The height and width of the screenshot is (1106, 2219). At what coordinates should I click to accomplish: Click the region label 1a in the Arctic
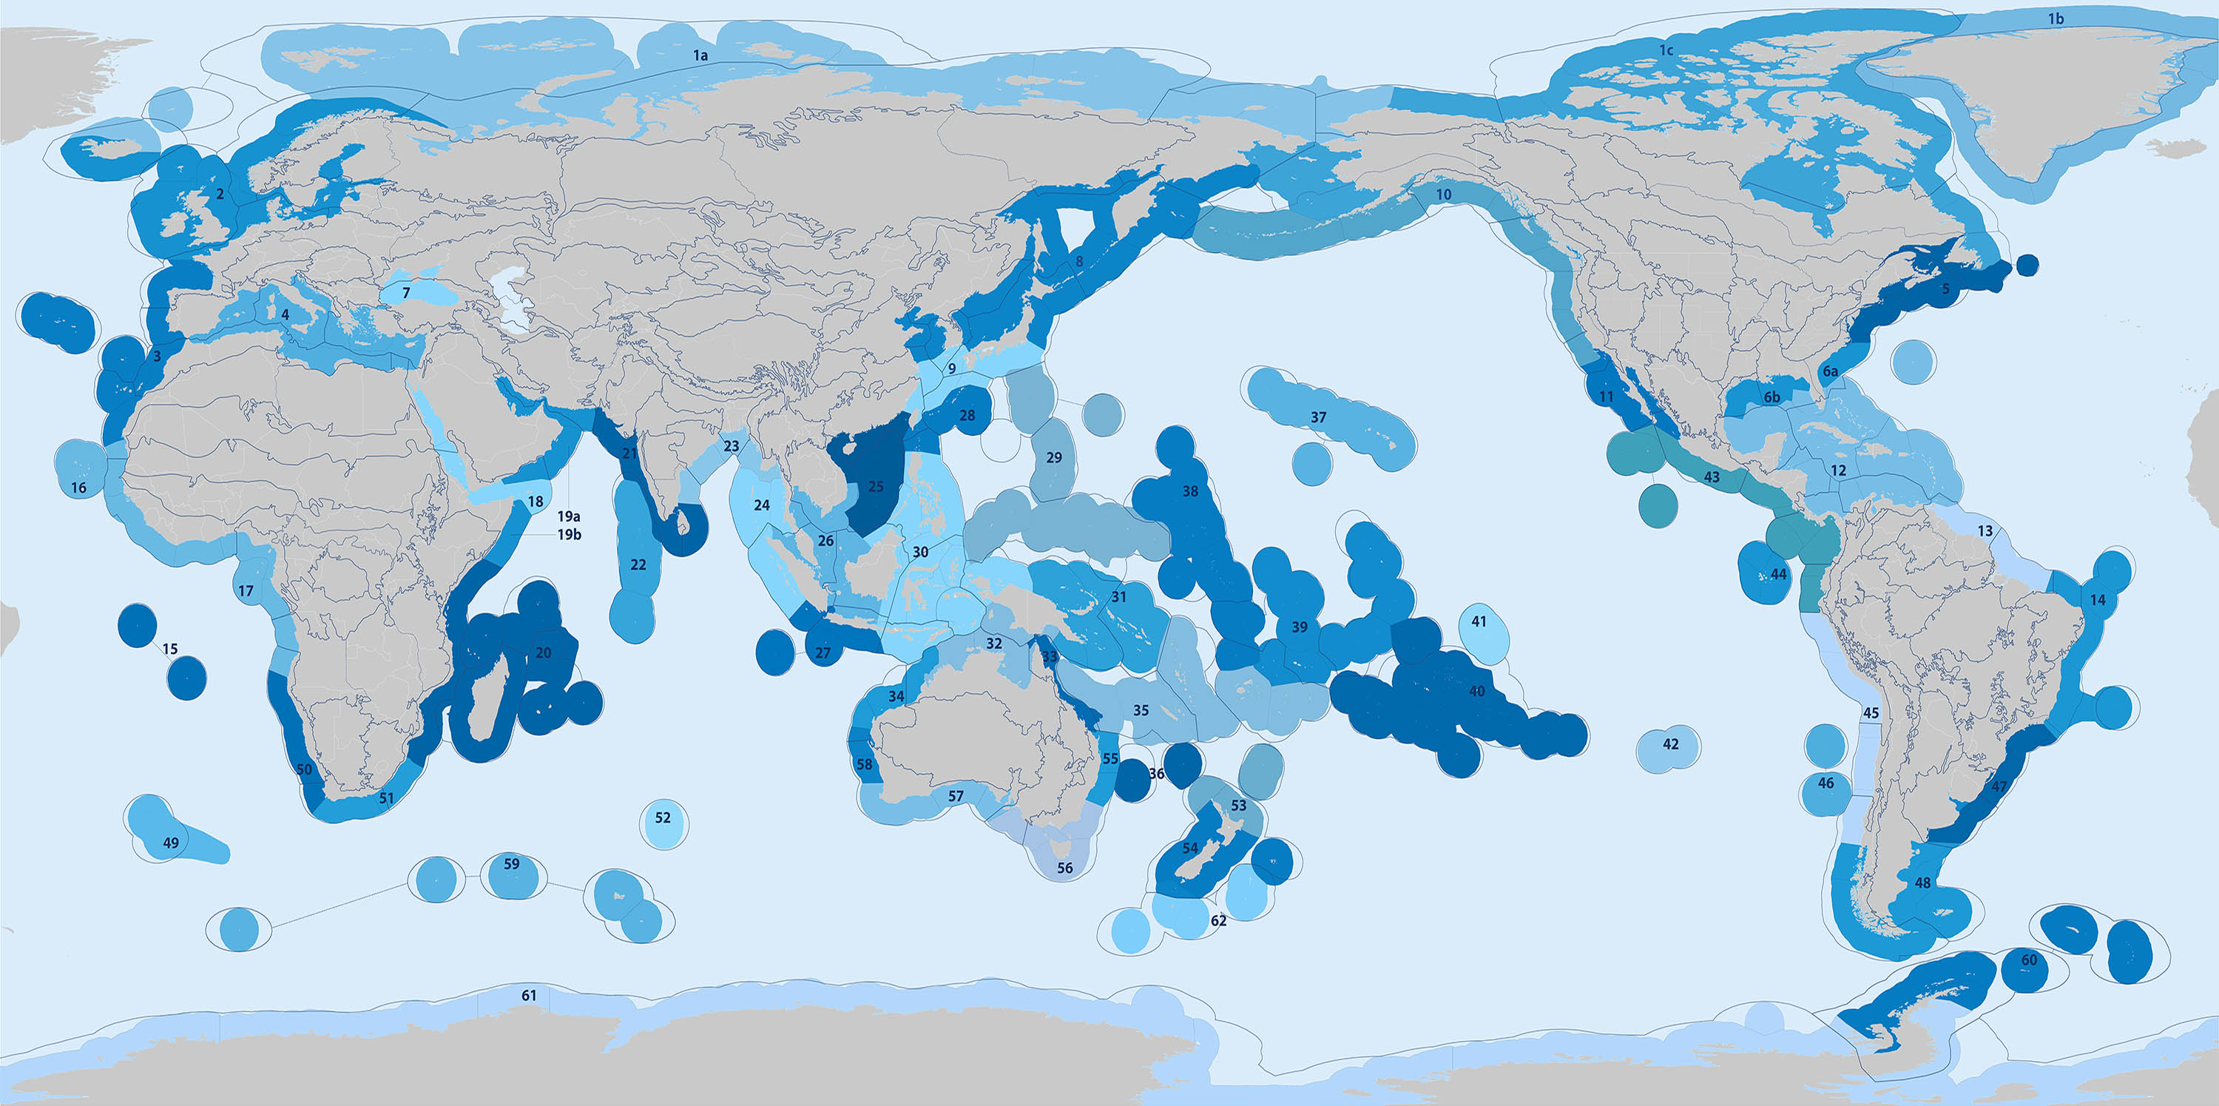(x=700, y=55)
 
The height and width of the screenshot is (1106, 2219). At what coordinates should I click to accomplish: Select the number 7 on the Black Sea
(x=406, y=293)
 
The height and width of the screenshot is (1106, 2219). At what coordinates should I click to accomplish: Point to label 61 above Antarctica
(x=529, y=995)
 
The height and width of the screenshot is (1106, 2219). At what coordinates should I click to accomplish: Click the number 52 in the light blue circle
(x=663, y=817)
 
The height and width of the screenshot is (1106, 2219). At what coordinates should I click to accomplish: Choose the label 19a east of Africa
(x=569, y=516)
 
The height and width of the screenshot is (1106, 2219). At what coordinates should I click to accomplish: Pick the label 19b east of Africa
(x=569, y=534)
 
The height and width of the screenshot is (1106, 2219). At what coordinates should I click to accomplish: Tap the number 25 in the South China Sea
(x=876, y=487)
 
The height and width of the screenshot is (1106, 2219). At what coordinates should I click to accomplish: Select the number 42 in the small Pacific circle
(x=1671, y=743)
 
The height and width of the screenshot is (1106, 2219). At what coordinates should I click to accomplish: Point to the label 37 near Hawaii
(x=1319, y=417)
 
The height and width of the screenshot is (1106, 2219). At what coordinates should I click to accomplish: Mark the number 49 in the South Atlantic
(x=171, y=843)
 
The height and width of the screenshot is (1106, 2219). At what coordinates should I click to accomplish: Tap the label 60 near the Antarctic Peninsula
(x=2030, y=960)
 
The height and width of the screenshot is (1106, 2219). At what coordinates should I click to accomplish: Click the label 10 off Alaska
(x=1444, y=195)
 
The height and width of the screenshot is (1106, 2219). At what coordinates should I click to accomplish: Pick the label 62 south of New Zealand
(x=1218, y=920)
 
